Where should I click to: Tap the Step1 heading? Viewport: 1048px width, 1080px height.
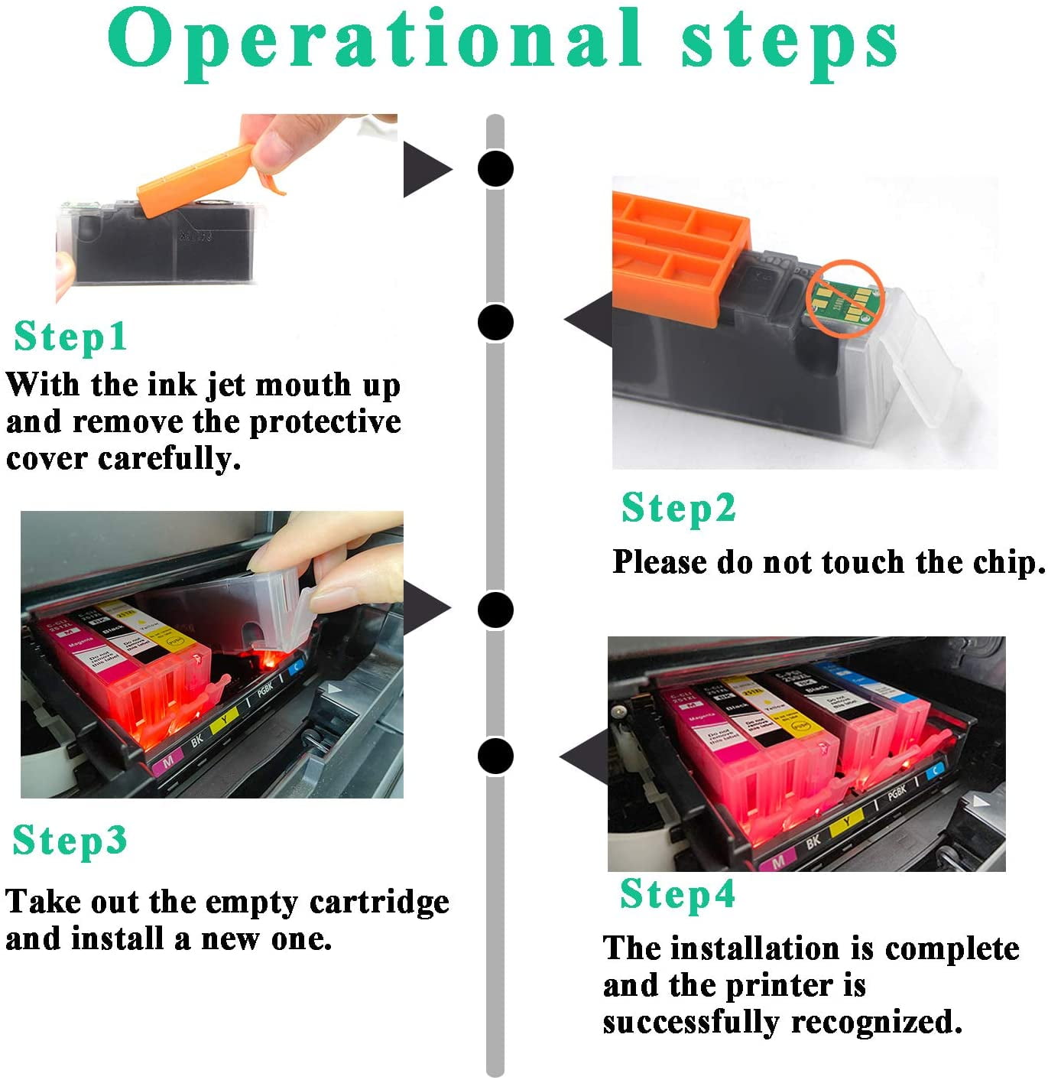point(70,337)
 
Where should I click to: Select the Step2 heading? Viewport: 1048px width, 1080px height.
point(678,508)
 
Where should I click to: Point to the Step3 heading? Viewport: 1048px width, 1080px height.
point(70,840)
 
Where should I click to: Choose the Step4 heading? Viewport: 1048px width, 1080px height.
point(677,893)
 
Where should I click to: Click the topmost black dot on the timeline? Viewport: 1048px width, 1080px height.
point(495,168)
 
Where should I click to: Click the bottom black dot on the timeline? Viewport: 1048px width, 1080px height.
point(495,756)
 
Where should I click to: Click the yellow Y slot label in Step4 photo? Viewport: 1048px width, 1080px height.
point(846,824)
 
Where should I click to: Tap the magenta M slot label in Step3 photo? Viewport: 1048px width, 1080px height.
point(168,759)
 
